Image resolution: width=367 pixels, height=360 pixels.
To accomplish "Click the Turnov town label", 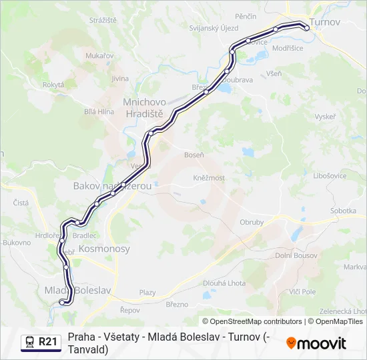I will (326, 22).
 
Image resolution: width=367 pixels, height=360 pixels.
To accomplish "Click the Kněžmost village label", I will (209, 178).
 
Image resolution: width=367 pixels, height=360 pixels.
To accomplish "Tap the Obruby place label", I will (252, 222).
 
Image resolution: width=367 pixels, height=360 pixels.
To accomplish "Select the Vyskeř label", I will (325, 116).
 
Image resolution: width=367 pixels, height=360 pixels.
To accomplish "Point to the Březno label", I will (177, 304).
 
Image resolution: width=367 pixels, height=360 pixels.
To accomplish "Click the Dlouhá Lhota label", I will (224, 282).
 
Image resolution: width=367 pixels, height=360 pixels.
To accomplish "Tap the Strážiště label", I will (103, 21).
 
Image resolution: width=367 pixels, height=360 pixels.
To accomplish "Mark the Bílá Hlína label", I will (99, 111).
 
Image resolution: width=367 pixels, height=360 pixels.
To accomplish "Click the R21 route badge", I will (48, 342).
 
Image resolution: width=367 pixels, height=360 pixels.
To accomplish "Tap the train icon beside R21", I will (30, 343).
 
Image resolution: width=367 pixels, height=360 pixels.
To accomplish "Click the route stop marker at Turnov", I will (306, 27).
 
